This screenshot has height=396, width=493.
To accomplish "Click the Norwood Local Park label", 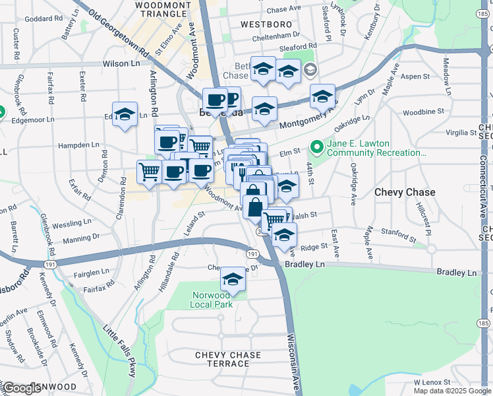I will pyautogui.click(x=212, y=300).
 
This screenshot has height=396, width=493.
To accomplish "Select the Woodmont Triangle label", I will pyautogui.click(x=163, y=9).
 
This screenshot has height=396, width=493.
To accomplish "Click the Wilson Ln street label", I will pyautogui.click(x=122, y=64).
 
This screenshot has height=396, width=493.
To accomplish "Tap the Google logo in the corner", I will pyautogui.click(x=21, y=388).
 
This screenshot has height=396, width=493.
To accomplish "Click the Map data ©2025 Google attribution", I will pyautogui.click(x=452, y=391).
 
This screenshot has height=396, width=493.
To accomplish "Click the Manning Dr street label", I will pyautogui.click(x=81, y=236).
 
